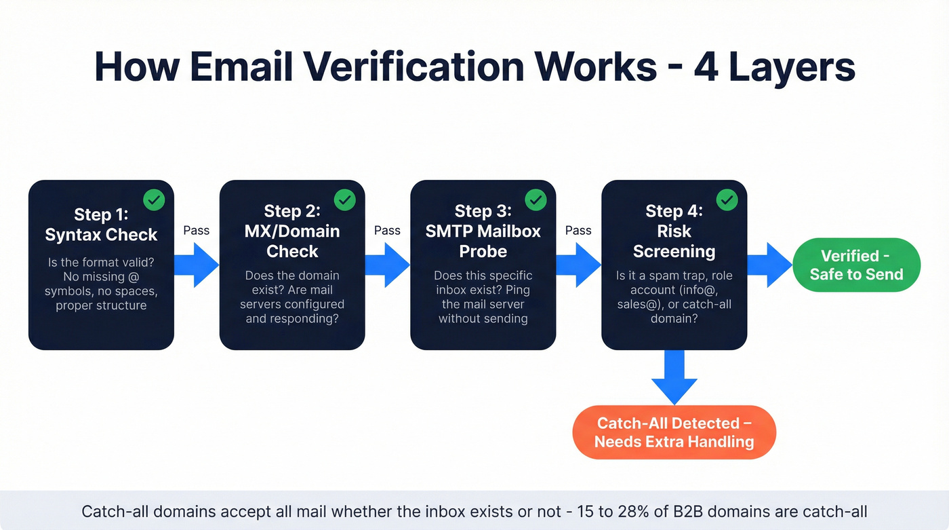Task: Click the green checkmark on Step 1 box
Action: click(x=154, y=200)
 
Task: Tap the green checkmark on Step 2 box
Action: click(x=345, y=200)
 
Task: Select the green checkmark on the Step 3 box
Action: click(x=536, y=200)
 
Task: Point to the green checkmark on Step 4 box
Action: click(x=727, y=200)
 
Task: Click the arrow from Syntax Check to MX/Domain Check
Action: click(x=197, y=265)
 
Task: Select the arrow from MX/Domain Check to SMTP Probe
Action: click(x=388, y=265)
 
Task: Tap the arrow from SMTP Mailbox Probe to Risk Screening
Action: click(x=579, y=265)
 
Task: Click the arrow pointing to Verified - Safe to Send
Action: click(x=770, y=265)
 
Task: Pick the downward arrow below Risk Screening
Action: click(x=674, y=377)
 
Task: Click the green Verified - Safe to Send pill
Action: click(x=856, y=265)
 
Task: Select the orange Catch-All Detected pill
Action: click(x=674, y=432)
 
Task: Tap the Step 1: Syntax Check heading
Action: click(x=101, y=225)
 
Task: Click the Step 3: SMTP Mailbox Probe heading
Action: click(x=483, y=231)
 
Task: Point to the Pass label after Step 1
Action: click(x=197, y=230)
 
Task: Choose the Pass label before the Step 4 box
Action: click(x=578, y=230)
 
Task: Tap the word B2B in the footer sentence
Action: click(x=698, y=511)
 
